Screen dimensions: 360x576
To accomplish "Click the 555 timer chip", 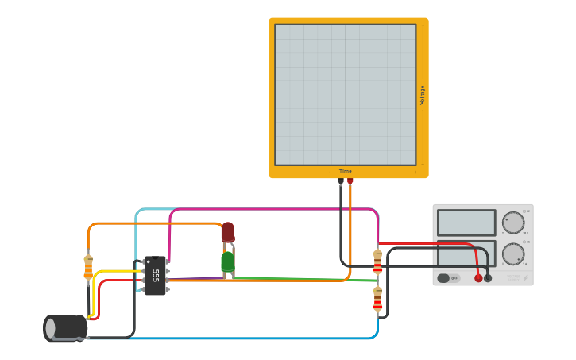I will (x=155, y=276).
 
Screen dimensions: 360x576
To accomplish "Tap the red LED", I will (x=228, y=232).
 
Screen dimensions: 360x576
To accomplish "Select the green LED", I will (x=228, y=261).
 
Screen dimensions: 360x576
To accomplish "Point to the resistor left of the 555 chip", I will (x=88, y=267).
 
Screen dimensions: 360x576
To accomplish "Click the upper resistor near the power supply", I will (x=377, y=261).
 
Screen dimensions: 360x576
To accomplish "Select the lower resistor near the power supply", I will (x=377, y=299).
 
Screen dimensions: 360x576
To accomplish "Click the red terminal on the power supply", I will (x=478, y=278).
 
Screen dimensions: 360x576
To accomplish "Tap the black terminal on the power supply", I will (x=488, y=278).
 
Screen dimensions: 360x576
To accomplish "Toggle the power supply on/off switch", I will (x=448, y=278).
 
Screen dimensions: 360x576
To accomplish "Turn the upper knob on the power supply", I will (x=513, y=223).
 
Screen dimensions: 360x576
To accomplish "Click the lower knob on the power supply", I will (x=513, y=254).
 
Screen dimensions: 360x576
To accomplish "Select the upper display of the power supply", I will (x=466, y=223).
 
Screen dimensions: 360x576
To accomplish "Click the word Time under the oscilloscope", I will (x=346, y=172).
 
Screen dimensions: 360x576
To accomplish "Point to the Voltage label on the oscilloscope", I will (x=423, y=95).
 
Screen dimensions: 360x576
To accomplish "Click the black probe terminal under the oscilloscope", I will (x=341, y=182).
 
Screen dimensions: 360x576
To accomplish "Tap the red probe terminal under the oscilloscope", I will (x=350, y=182).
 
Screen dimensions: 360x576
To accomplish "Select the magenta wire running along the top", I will (x=270, y=209).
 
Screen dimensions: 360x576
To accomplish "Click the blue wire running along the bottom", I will (x=238, y=339).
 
